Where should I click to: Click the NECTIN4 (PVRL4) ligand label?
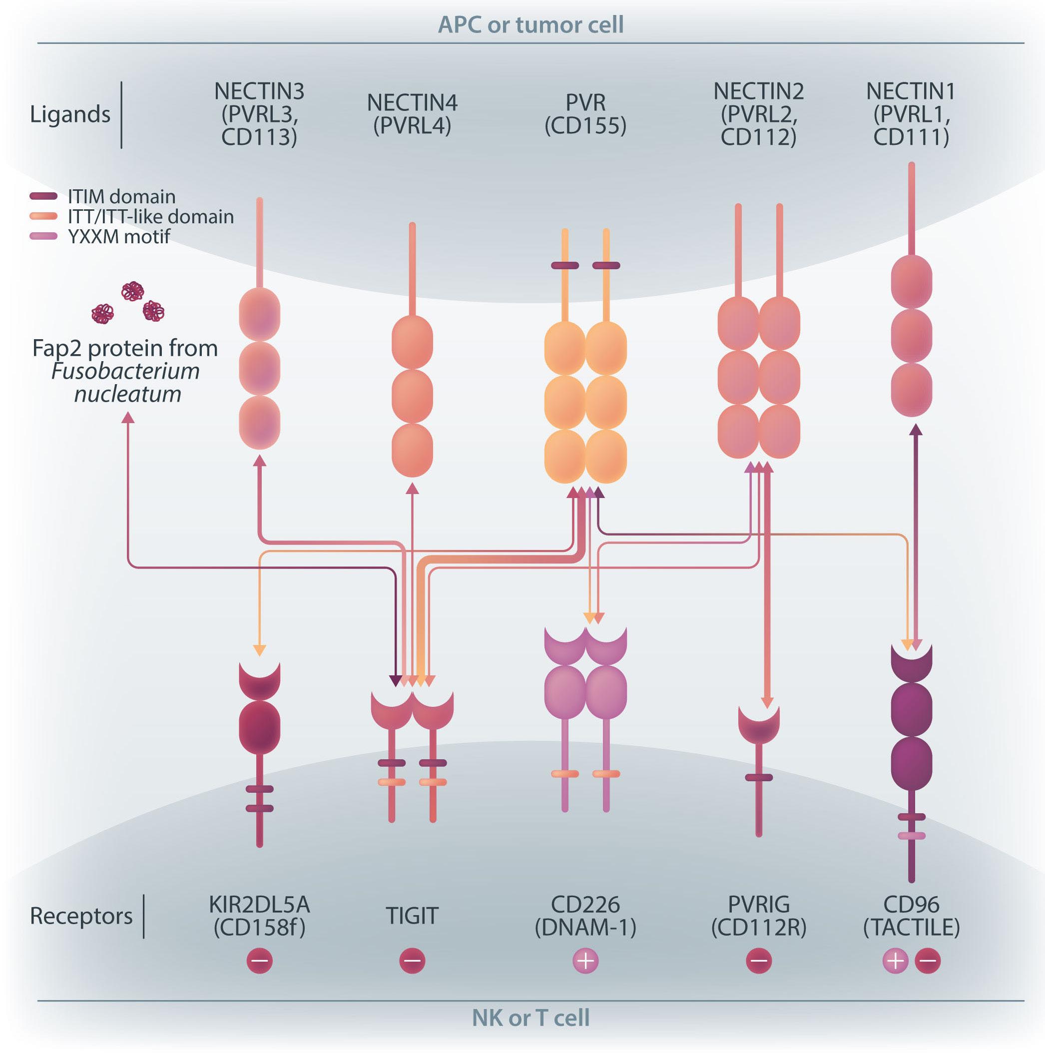412,114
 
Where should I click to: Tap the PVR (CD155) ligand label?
585,114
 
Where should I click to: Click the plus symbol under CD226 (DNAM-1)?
585,961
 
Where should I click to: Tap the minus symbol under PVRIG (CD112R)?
759,961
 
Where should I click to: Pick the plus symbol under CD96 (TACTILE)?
895,961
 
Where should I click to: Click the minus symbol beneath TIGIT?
412,961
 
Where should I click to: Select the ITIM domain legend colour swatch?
43,196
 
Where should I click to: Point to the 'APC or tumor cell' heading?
530,24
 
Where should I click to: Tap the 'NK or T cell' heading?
530,1018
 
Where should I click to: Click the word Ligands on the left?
70,114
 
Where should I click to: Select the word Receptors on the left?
81,916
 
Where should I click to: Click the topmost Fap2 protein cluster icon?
132,291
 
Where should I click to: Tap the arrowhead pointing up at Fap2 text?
127,418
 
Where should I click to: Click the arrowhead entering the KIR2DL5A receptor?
259,650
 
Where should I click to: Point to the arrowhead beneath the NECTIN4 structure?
413,488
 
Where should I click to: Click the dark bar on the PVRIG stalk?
759,777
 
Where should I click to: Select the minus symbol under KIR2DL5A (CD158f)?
259,961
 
